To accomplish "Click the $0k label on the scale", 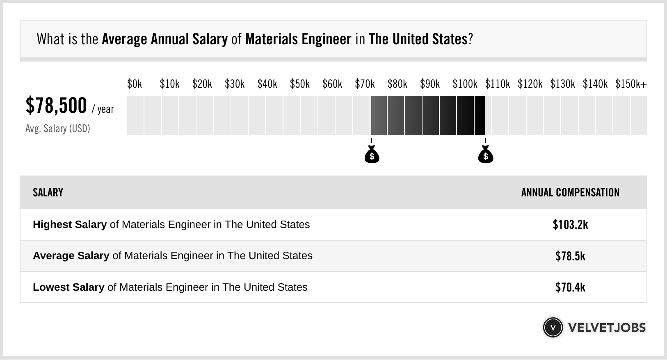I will coord(135,84).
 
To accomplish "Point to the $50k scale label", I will coord(299,84).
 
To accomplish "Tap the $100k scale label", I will coord(465,84).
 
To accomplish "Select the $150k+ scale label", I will coord(631,84).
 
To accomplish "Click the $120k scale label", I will coord(530,84).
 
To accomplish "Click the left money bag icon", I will coord(372,155).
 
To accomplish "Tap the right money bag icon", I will coord(486,155).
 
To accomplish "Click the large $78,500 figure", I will coord(56,105).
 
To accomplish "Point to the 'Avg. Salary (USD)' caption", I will coord(58,128).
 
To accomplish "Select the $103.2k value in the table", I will coord(570,224).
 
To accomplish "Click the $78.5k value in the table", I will coord(570,256).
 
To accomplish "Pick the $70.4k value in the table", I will coord(570,287).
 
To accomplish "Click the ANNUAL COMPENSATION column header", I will coord(570,193).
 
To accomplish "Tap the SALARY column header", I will coord(48,193).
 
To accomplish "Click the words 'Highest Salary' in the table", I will coord(70,225).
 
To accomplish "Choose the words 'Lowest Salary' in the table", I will coord(69,287).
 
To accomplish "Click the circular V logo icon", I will coord(553,327).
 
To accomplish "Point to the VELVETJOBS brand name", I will coord(607,327).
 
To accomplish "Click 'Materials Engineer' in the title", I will coord(298,39).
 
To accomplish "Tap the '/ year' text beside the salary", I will coord(103,109).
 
